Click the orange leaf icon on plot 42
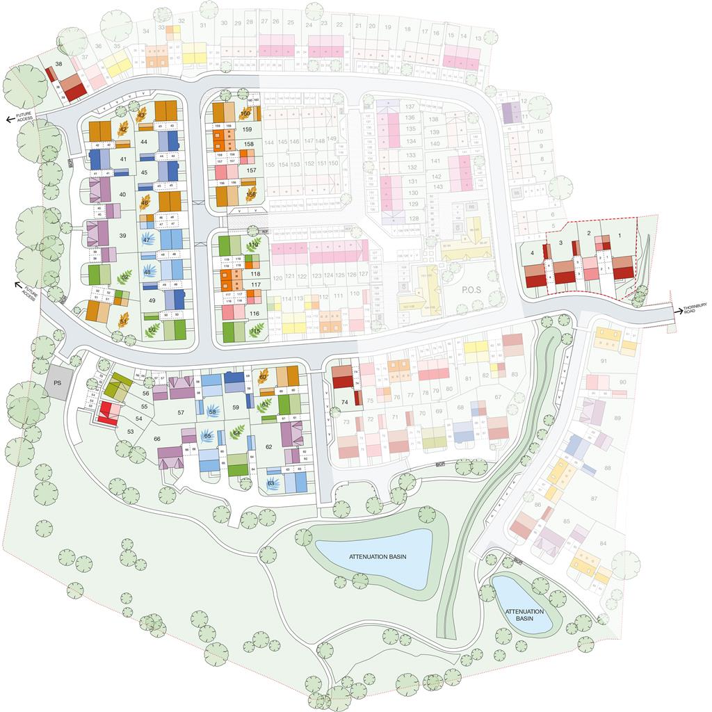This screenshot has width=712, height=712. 124,129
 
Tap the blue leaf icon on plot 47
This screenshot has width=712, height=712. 147,239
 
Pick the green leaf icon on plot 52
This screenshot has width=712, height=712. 125,277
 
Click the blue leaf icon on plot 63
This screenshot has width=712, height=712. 272,483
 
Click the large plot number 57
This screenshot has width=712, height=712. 181,412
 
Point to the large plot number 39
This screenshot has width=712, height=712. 122,236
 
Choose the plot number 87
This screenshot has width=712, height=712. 593,499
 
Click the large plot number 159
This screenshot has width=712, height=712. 248,129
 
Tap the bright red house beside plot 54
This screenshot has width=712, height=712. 107,412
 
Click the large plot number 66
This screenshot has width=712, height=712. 156,439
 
